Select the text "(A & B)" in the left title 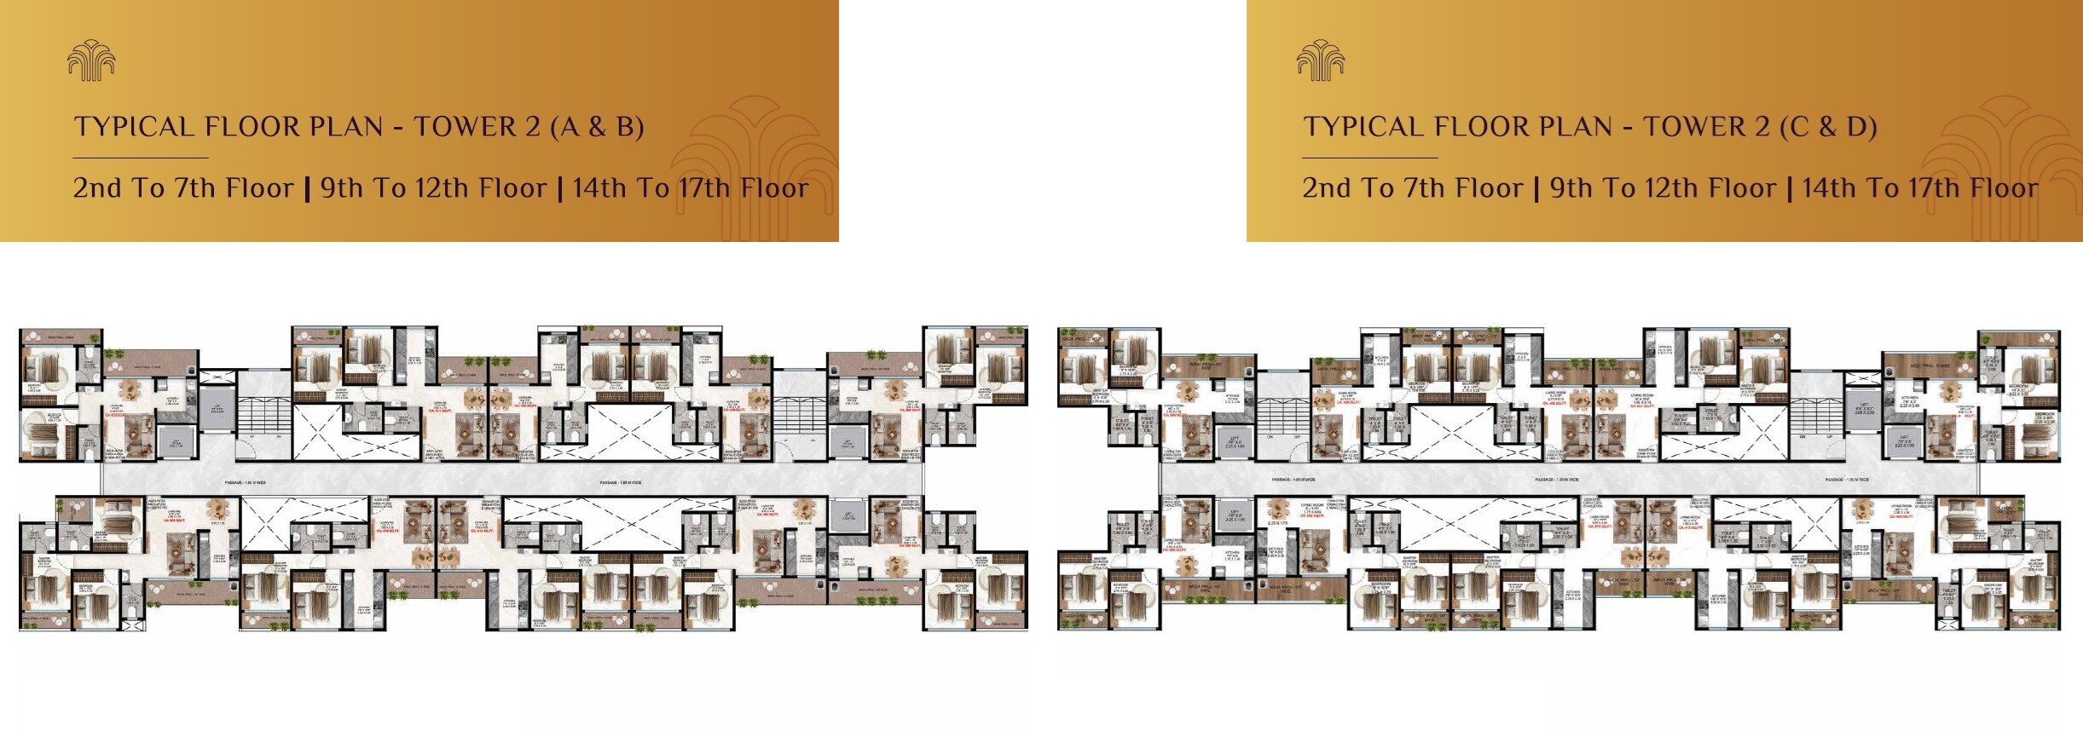[x=597, y=127]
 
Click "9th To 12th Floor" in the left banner [x=433, y=188]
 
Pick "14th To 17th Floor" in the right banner [x=1920, y=188]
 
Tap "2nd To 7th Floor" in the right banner [x=1412, y=188]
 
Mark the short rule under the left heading [x=141, y=158]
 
